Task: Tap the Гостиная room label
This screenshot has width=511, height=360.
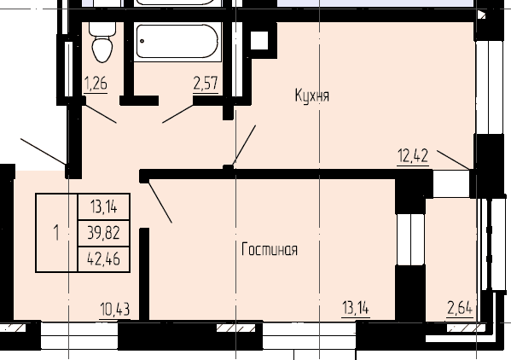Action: click(x=269, y=250)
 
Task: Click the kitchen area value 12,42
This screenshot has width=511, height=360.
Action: click(x=412, y=155)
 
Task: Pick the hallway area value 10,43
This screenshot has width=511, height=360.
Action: click(x=114, y=308)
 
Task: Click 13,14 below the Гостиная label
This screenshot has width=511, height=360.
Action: click(x=355, y=308)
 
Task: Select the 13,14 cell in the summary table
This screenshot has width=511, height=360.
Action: click(x=103, y=206)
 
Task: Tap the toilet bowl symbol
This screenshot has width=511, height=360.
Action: click(x=102, y=43)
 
